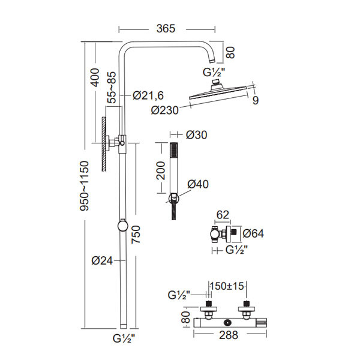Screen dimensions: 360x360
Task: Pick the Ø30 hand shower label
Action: tap(196, 135)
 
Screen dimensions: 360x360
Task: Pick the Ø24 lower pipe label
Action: tap(103, 260)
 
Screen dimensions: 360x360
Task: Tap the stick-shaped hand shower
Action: tap(175, 168)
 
